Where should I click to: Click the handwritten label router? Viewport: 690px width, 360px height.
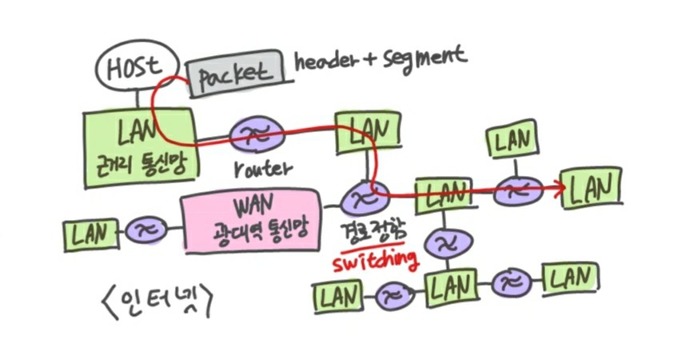tap(260, 170)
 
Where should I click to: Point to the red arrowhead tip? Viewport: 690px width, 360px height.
tap(565, 187)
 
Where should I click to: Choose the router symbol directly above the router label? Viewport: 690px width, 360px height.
tap(255, 136)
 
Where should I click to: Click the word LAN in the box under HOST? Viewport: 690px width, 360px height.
tap(142, 129)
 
